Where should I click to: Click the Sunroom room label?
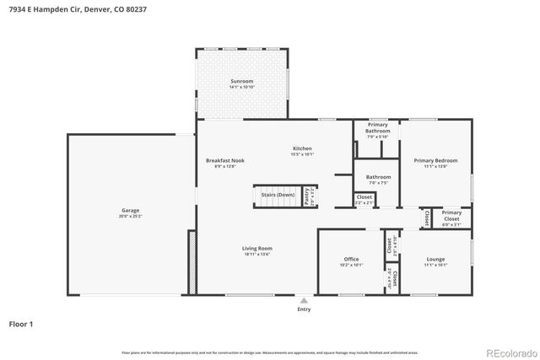point(241,82)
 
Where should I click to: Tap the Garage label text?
point(130,210)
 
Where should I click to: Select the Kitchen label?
point(302,148)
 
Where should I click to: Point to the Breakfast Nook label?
point(225,160)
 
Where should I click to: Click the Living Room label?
point(256,248)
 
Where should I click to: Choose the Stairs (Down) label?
point(278,195)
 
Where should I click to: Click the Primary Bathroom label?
point(377,128)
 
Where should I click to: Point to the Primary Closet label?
point(451,213)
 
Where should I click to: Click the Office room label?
point(351,259)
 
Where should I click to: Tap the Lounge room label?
point(435,259)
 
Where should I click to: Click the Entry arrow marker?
point(304,299)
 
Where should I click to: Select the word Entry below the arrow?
point(304,309)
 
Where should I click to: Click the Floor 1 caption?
point(21,323)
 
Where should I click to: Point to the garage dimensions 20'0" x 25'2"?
point(130,216)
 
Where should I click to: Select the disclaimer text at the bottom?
point(269,352)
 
